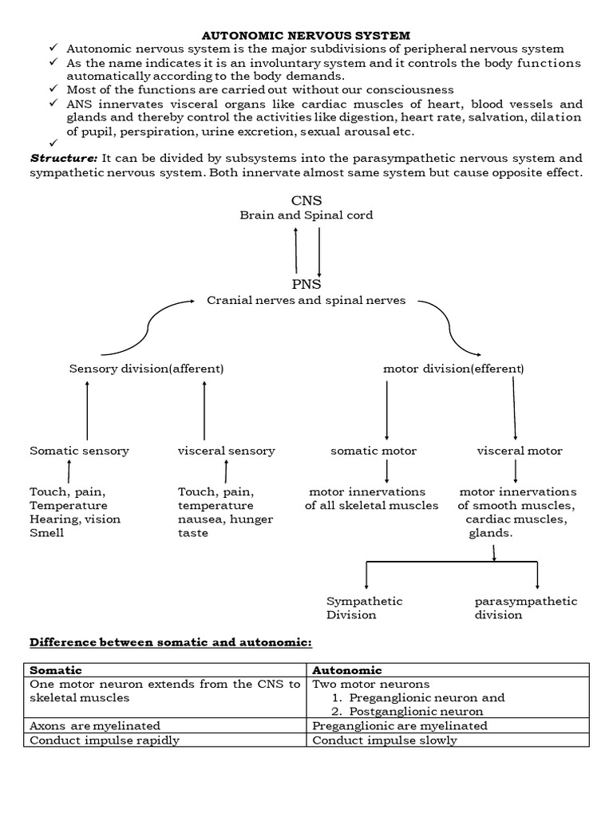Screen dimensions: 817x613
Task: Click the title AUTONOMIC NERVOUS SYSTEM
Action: coord(306,35)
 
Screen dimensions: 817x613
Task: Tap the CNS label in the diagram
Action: coord(306,200)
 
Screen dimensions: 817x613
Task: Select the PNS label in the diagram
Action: coord(306,284)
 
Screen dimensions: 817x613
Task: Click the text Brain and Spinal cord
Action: coord(306,215)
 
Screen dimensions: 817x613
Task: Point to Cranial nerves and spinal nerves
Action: coord(306,301)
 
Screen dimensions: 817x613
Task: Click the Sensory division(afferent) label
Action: coord(146,369)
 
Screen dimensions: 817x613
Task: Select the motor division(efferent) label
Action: coord(453,369)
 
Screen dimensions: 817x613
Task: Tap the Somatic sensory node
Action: coord(79,451)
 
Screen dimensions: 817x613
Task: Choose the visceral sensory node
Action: coord(226,451)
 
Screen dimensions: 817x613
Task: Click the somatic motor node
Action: coord(374,451)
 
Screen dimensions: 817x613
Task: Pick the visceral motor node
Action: coord(520,451)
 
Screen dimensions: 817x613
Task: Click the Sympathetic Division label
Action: coord(364,608)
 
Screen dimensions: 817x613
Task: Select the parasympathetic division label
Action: coord(525,608)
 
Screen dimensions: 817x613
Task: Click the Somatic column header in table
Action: coord(56,670)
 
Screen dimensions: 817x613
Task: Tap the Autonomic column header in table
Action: coord(346,670)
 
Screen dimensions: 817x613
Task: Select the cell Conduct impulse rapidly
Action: coord(105,740)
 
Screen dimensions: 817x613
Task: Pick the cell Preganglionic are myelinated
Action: coord(400,726)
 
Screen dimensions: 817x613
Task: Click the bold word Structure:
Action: coord(64,158)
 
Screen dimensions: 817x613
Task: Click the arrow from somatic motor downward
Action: coord(387,472)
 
